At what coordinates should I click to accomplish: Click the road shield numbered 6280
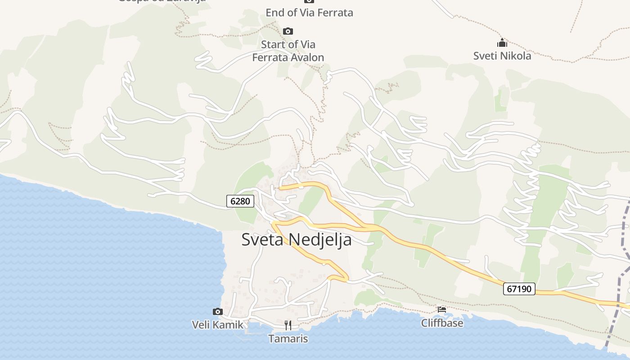[x=240, y=201]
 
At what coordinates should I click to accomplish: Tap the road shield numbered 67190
[x=519, y=288]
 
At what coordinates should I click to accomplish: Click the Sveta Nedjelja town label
[x=296, y=239]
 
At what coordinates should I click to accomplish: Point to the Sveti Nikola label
[x=502, y=56]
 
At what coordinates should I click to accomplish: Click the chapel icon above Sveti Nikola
[x=502, y=43]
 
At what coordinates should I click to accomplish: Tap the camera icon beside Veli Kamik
[x=218, y=311]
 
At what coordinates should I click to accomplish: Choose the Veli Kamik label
[x=217, y=324]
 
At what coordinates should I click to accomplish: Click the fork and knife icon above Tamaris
[x=288, y=325]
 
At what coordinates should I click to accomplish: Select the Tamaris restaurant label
[x=288, y=338]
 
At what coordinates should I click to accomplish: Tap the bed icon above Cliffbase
[x=442, y=310]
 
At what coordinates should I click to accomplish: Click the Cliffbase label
[x=442, y=323]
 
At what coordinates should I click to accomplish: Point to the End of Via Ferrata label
[x=309, y=13]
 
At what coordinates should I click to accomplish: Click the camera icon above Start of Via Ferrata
[x=288, y=31]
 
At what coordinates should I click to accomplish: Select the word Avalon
[x=307, y=57]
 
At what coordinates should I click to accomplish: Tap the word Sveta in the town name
[x=263, y=239]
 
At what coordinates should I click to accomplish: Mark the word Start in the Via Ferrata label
[x=273, y=44]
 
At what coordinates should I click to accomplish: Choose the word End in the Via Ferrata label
[x=274, y=13]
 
